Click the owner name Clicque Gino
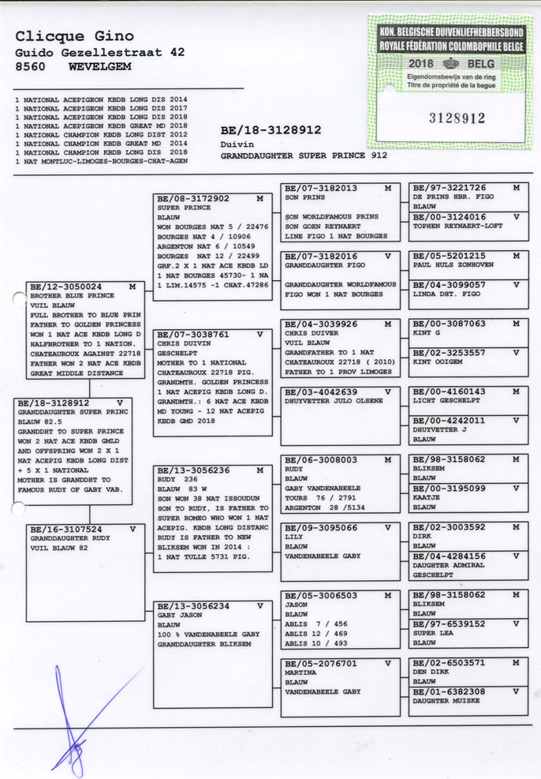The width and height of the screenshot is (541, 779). pos(74,36)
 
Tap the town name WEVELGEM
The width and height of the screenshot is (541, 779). pos(100,68)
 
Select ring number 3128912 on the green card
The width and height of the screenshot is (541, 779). pos(456,118)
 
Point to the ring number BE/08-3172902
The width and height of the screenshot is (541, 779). pos(193,199)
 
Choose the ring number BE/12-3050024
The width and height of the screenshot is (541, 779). pos(65,287)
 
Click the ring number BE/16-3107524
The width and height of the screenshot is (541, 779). pos(65,530)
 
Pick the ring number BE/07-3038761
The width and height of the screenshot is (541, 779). pos(193,334)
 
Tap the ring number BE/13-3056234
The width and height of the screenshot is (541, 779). pos(193,606)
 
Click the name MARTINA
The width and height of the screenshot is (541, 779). pos(300,673)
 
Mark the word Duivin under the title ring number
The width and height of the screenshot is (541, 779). pos(235,145)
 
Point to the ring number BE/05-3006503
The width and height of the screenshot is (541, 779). pos(320,596)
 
